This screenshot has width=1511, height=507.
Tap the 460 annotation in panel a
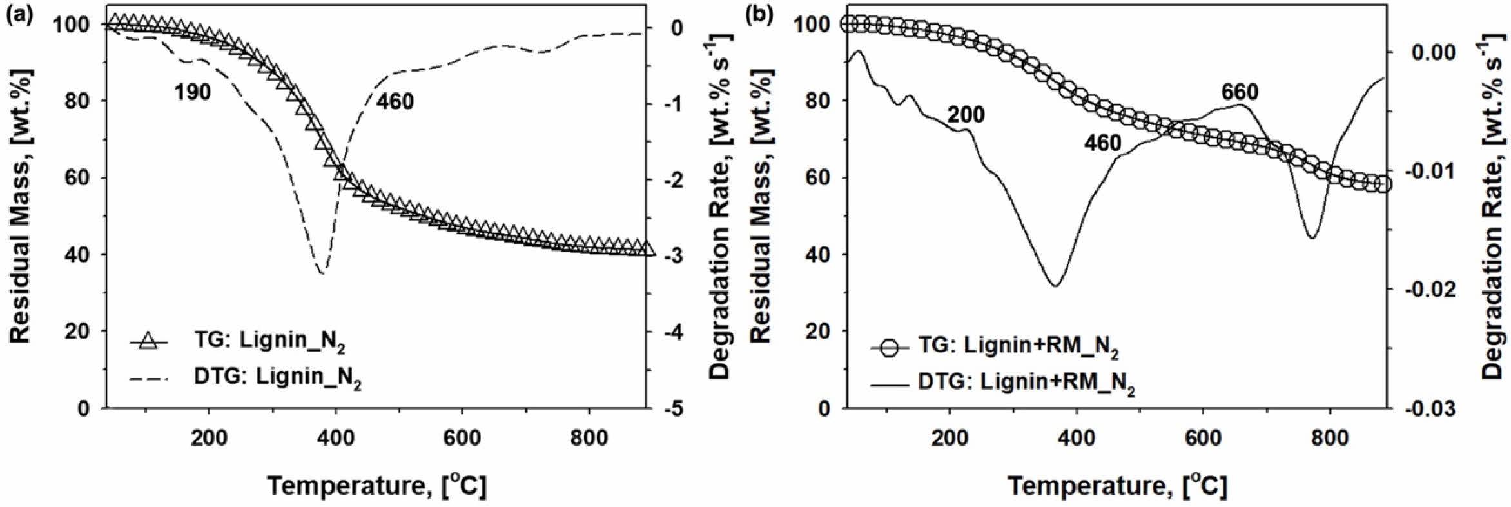[395, 101]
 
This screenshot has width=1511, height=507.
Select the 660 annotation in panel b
[1239, 93]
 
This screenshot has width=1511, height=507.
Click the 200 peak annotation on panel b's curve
[965, 115]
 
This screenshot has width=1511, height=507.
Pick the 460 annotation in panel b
[1102, 143]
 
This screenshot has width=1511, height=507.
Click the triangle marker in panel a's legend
[149, 341]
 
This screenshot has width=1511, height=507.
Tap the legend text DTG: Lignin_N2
[277, 377]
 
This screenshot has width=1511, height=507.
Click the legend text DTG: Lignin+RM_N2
[1026, 383]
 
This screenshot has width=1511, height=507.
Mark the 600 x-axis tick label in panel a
[462, 438]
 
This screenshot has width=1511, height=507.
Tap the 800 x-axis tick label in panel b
[1330, 438]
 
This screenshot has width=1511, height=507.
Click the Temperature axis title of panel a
[376, 484]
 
